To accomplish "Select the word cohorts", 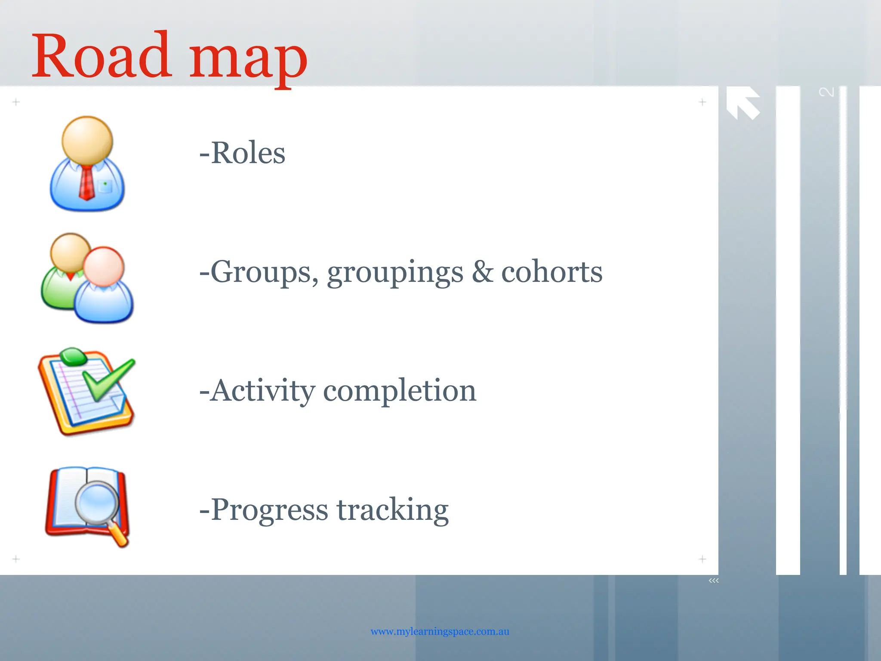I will [551, 272].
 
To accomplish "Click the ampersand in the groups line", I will [482, 272].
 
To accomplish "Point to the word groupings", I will [395, 274].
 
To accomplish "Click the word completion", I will [399, 392].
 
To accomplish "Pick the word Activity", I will [262, 391].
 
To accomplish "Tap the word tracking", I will [392, 510].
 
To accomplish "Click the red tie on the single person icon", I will [86, 183].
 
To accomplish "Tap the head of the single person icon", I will [87, 140].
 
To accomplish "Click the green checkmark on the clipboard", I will [108, 379].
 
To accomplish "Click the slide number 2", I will [826, 92].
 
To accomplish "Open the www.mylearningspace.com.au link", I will [440, 631].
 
